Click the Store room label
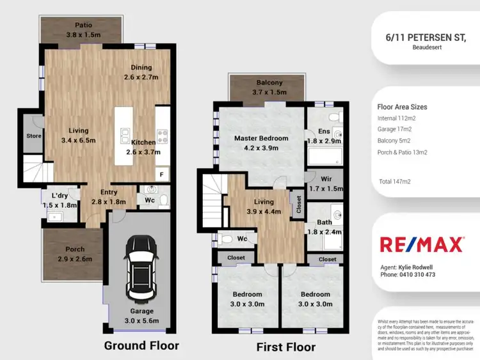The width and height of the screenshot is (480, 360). [33, 136]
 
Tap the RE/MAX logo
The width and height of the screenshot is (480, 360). [420, 244]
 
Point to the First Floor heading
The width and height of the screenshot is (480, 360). [285, 347]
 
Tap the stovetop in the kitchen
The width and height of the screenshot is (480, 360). [162, 135]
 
